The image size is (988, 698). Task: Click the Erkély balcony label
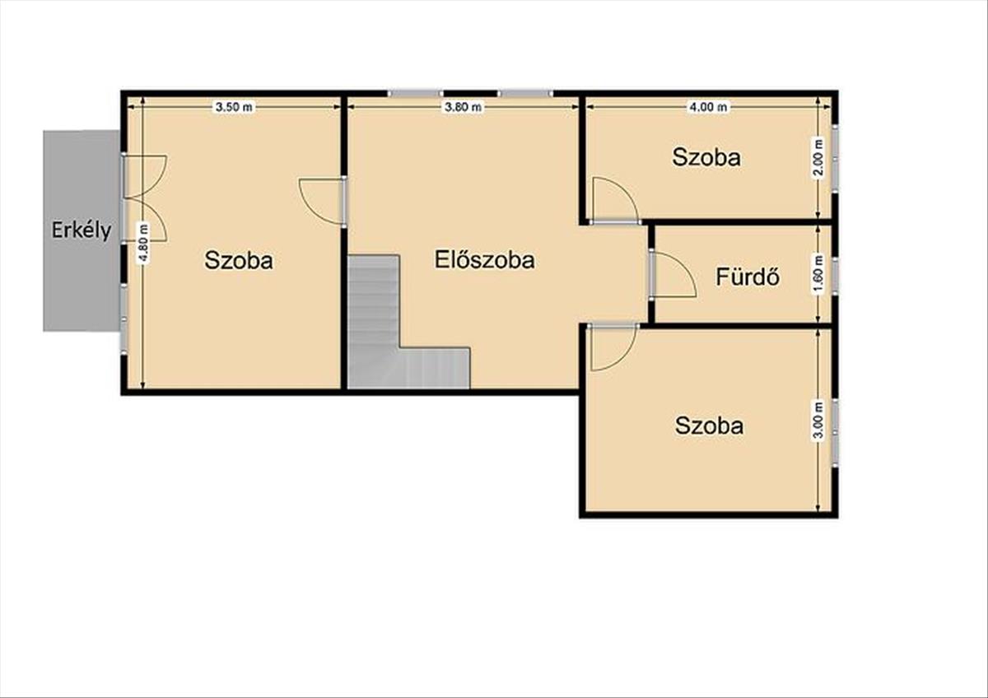tap(82, 230)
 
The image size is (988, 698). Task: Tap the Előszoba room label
tap(485, 259)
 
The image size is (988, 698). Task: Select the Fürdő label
tap(748, 277)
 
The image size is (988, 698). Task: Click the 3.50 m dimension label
tap(234, 107)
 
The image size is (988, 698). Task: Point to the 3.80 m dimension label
tap(463, 107)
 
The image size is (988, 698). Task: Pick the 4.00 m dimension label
tap(708, 107)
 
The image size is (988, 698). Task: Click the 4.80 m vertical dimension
tap(143, 244)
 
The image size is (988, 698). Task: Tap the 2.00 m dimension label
tap(818, 157)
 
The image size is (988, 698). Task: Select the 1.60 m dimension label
tap(818, 273)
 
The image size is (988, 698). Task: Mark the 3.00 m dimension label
tap(818, 420)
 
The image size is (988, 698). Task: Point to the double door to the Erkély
tap(146, 198)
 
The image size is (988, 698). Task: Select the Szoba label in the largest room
tap(239, 260)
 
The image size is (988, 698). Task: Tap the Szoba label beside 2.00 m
tap(706, 157)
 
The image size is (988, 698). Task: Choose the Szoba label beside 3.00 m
tap(709, 426)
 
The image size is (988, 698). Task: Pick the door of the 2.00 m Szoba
tap(614, 201)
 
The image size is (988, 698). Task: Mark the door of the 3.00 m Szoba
tap(613, 347)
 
